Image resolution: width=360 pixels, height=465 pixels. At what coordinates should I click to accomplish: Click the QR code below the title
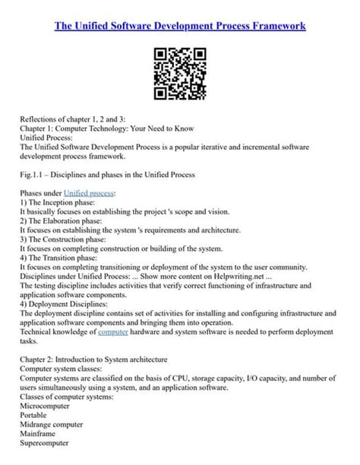[180, 74]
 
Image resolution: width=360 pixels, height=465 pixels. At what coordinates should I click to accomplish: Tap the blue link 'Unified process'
[90, 194]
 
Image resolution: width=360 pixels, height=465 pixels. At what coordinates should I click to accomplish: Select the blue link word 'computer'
[114, 331]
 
